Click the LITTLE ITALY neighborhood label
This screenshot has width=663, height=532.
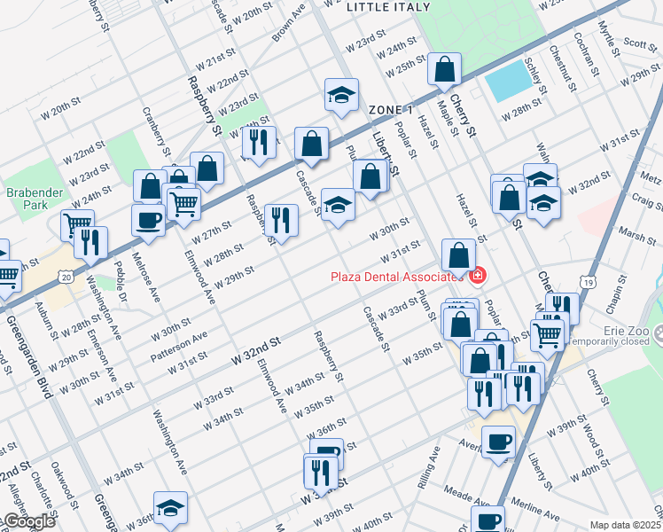click(x=388, y=7)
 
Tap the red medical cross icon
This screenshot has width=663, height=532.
click(x=478, y=277)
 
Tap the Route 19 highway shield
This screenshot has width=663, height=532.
click(x=588, y=281)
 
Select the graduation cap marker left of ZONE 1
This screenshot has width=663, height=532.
click(x=341, y=95)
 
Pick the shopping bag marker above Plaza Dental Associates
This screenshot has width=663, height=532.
click(x=457, y=256)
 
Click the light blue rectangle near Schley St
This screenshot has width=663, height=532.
click(x=505, y=82)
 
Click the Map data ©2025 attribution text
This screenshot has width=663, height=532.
click(x=625, y=524)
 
